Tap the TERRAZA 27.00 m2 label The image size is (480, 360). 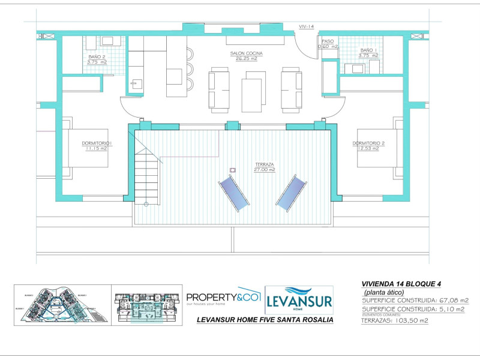264,166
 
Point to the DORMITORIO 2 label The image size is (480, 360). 368,145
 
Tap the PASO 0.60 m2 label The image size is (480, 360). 328,44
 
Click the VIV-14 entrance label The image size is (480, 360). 307,26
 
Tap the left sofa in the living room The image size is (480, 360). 219,90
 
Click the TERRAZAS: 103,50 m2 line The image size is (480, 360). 394,320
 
